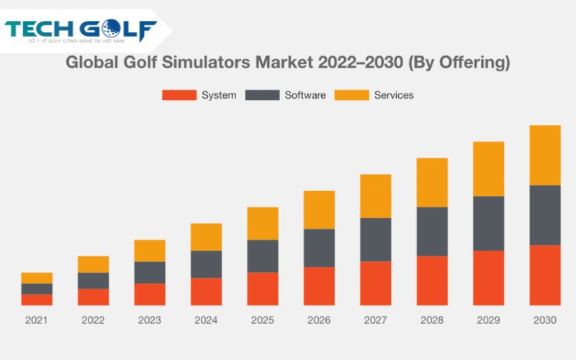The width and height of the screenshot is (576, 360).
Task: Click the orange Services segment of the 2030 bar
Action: [545, 155]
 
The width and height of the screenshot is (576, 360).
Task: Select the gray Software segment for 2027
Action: [375, 239]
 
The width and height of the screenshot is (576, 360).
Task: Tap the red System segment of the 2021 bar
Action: [37, 300]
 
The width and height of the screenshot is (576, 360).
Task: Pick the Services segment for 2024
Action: [206, 237]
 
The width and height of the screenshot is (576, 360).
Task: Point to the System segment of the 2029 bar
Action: [488, 278]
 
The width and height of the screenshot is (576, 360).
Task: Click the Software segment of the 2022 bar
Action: [93, 280]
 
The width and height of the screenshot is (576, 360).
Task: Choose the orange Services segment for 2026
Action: [319, 210]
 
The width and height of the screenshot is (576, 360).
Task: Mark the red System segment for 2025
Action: [263, 289]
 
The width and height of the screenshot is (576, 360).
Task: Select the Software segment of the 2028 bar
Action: [432, 231]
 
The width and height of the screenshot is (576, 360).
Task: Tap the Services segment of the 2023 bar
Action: [150, 251]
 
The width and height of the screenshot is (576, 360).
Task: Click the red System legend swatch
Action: [178, 95]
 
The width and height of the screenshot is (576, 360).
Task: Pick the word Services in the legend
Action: [393, 95]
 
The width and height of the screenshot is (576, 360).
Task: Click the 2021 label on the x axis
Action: [37, 320]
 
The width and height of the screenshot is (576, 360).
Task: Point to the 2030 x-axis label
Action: [545, 320]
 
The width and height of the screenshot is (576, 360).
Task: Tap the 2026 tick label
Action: [319, 320]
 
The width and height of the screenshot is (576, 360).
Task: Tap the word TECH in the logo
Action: [40, 31]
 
